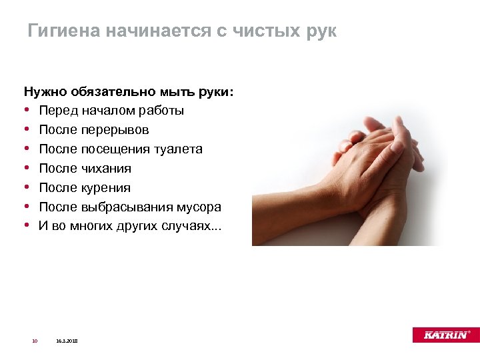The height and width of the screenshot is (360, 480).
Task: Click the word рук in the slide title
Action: point(319,31)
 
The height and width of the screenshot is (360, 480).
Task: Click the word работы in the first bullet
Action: point(161,111)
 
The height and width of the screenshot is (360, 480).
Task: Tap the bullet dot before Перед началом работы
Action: point(27,111)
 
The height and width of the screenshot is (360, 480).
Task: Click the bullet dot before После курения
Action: point(27,188)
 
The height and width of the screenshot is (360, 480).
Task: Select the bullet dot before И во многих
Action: point(27,226)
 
